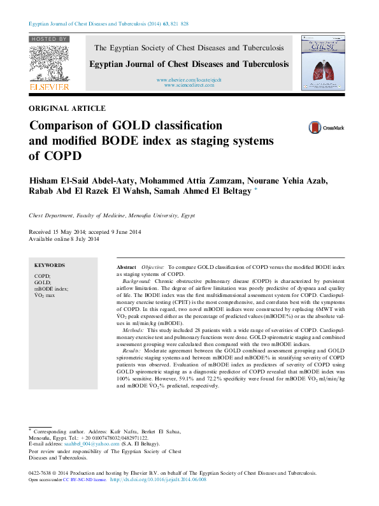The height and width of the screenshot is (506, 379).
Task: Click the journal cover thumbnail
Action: [x=324, y=62]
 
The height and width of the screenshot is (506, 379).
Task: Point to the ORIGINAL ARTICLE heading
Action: [x=68, y=109]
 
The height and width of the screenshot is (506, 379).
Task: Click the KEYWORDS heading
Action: [x=50, y=265]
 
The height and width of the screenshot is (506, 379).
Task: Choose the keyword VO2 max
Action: [x=45, y=296]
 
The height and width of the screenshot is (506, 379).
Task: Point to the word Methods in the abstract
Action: [x=133, y=331]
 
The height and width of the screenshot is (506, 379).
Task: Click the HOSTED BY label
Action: [x=49, y=40]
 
